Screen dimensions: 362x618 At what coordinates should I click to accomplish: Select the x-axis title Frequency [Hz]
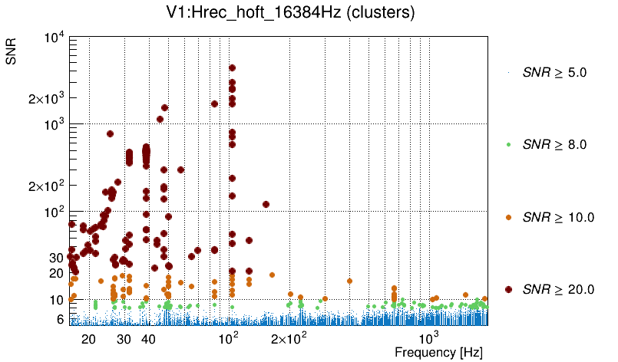(438, 352)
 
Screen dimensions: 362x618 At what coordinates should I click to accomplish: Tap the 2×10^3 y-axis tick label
(44, 98)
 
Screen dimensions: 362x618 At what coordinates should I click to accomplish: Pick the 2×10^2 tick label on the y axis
(44, 186)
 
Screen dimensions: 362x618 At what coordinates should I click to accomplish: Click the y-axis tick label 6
(58, 319)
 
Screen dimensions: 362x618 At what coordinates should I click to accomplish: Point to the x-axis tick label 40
(149, 339)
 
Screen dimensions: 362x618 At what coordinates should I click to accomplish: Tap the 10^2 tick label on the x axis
(229, 338)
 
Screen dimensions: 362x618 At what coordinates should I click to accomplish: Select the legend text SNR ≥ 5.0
(554, 73)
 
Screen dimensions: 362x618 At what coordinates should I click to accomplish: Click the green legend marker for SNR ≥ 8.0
(509, 144)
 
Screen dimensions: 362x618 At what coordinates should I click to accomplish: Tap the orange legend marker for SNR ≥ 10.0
(509, 217)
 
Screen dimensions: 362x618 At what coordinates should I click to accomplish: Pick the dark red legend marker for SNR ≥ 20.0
(509, 289)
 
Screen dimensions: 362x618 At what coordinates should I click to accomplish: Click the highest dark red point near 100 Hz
(232, 68)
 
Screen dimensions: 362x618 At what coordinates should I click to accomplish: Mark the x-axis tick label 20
(88, 339)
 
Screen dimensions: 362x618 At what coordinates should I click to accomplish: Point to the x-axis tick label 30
(124, 339)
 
